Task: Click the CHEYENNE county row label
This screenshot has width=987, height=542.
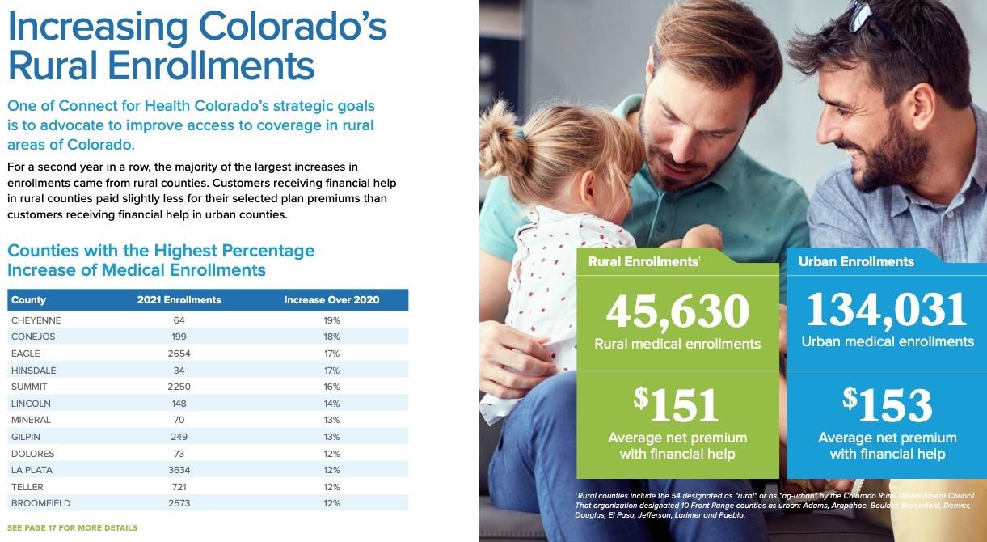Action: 36,320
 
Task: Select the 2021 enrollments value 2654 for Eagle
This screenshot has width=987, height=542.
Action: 179,354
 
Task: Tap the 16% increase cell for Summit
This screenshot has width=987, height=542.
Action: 331,387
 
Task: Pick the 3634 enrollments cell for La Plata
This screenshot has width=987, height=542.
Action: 179,470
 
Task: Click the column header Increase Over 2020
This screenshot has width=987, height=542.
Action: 331,300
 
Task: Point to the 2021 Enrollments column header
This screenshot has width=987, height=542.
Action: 179,300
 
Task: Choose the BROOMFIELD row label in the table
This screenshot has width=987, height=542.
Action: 40,503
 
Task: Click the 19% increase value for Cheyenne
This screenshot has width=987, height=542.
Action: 331,320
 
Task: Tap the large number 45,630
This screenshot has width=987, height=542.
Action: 677,311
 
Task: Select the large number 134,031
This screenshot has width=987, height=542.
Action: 887,310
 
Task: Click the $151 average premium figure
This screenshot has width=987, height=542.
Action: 677,404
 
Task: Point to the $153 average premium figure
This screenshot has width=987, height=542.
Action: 887,404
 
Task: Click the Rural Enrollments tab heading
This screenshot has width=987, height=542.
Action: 643,262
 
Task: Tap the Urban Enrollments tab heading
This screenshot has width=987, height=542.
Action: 856,262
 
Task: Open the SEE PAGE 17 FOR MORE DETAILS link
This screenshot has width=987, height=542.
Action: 73,528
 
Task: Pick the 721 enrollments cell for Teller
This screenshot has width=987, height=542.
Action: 179,487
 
